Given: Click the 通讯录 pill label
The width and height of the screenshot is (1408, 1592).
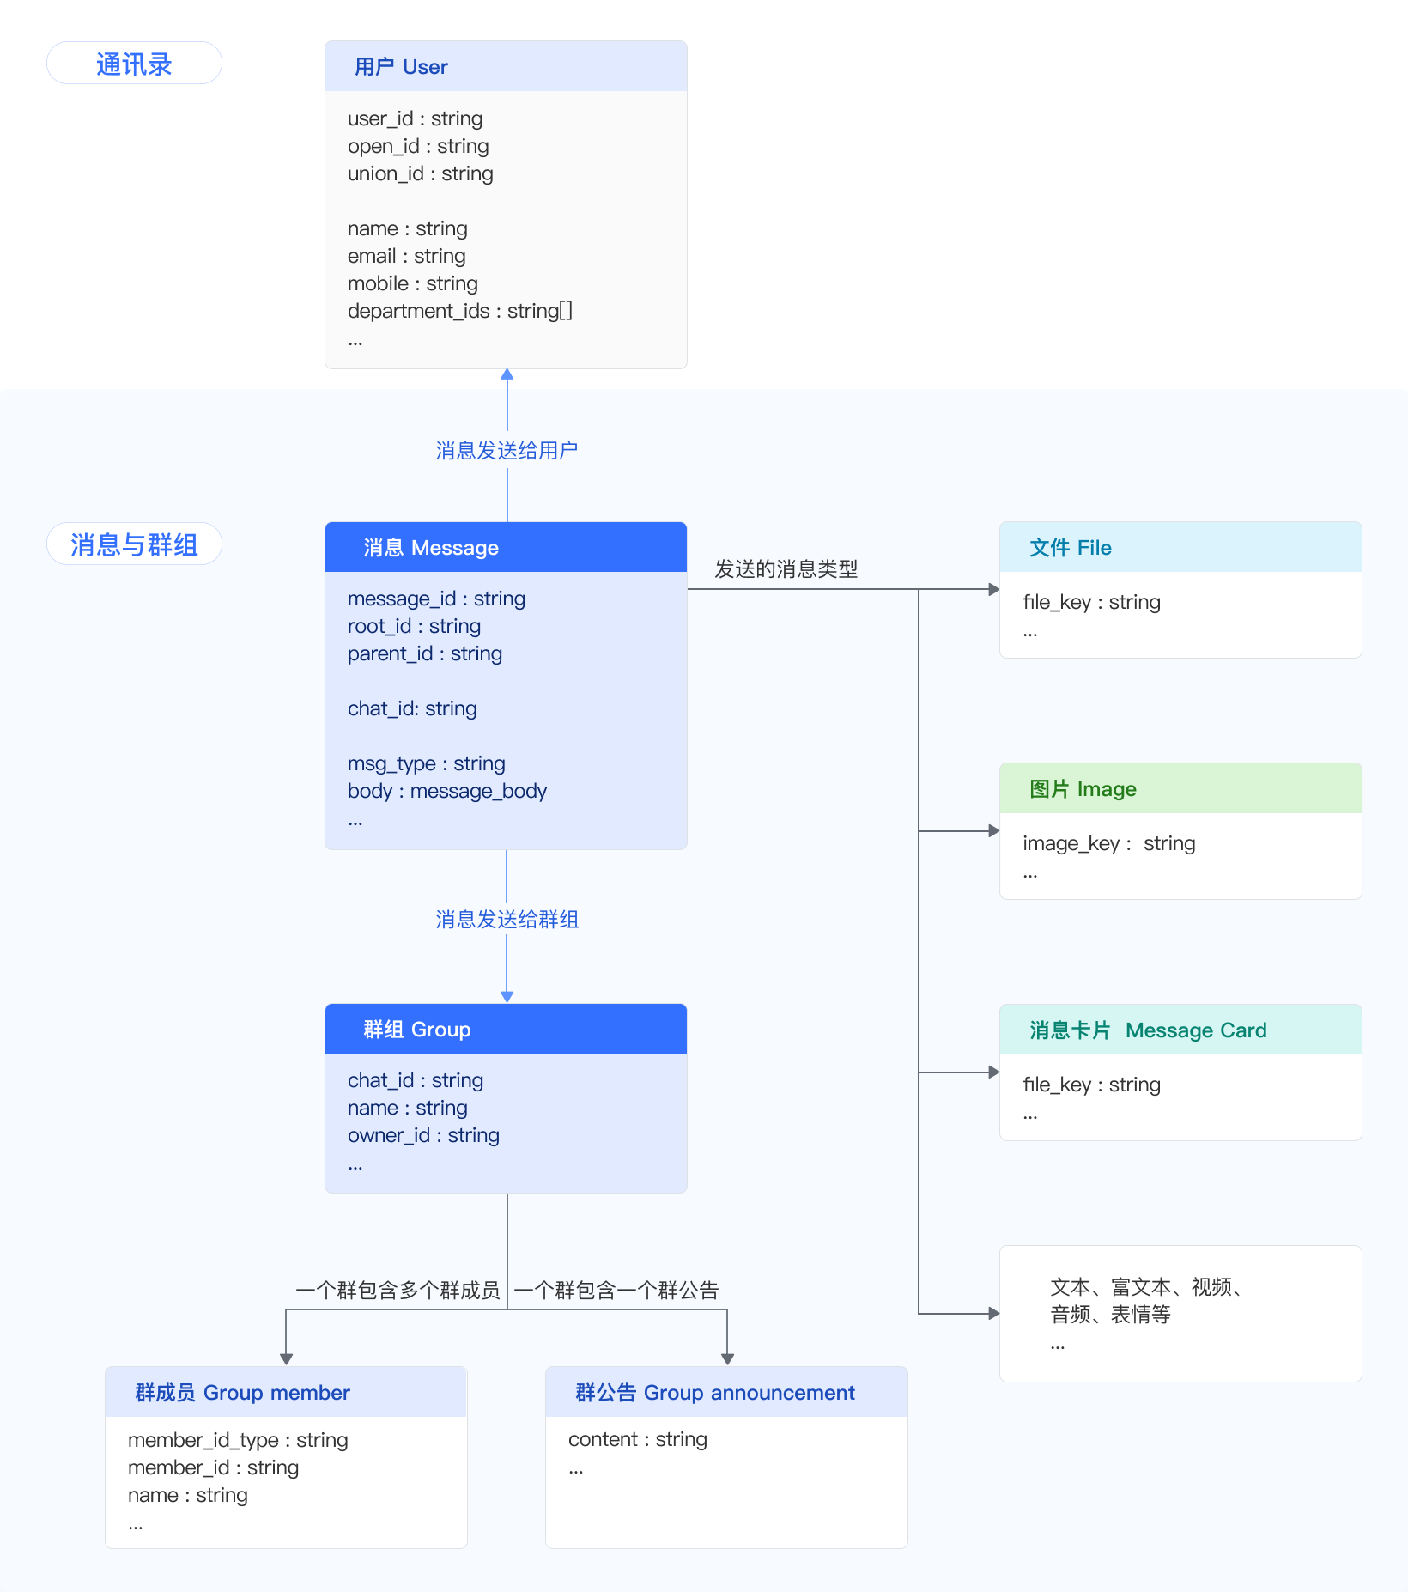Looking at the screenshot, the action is [x=134, y=64].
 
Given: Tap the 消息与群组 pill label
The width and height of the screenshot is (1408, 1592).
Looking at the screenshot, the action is [x=134, y=544].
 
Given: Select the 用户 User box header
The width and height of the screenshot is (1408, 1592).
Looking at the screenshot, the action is [x=506, y=66].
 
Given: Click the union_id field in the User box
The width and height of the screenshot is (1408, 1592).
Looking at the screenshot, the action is [x=421, y=173].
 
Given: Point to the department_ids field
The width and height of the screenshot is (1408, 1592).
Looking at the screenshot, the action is [x=460, y=311].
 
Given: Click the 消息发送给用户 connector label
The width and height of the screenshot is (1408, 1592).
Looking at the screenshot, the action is [x=507, y=450].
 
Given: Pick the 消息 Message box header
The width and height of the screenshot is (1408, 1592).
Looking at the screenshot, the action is [x=506, y=547].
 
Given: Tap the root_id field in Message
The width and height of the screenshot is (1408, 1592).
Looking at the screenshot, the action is [x=414, y=626].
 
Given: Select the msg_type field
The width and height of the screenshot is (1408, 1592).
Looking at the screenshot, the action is [x=427, y=763].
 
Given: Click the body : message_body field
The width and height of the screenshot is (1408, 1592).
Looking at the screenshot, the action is [x=447, y=791].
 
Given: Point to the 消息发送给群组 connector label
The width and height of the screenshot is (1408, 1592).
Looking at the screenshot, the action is [x=507, y=920].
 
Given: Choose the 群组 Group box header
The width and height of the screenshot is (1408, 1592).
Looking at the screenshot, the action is [x=506, y=1029].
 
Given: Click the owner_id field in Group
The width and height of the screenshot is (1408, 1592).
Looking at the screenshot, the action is [x=423, y=1135].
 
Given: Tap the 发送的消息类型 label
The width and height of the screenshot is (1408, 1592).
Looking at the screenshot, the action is [x=786, y=569].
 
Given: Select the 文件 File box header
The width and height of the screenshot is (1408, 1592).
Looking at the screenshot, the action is [x=1180, y=547].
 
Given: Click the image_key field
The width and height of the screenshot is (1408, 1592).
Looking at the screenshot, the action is [x=1109, y=843].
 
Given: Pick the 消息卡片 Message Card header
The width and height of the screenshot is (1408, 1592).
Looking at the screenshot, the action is [x=1180, y=1030].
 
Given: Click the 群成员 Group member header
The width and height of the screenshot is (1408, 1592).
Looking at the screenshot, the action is [x=286, y=1392].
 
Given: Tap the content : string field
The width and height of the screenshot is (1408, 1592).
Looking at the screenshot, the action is [x=638, y=1439].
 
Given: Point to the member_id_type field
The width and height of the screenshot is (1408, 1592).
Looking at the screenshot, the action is [x=238, y=1440].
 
